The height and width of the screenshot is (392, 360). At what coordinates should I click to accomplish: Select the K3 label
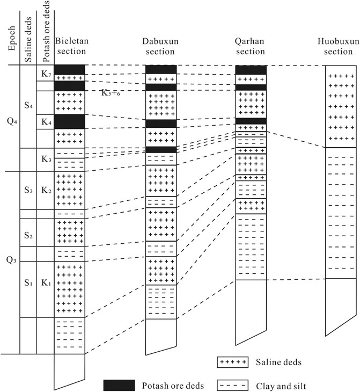point(45,159)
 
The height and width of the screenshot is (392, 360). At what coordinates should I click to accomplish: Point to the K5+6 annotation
point(112,92)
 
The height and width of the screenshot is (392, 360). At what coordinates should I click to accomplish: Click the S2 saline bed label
point(28,236)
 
